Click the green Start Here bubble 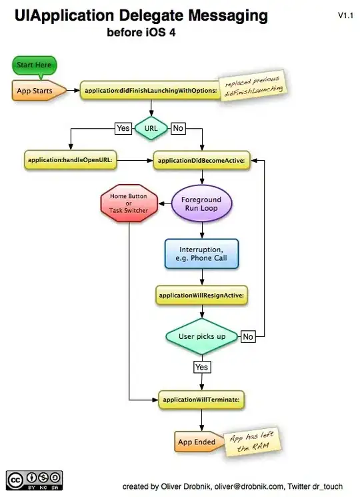[x=34, y=65]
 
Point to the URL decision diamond [x=152, y=127]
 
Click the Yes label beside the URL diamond [x=123, y=127]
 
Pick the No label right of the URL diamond [x=178, y=127]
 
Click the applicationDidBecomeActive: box [x=201, y=160]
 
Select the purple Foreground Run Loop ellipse [x=201, y=203]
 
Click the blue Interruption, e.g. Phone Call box [x=201, y=254]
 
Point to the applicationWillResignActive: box [x=201, y=294]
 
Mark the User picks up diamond [x=201, y=336]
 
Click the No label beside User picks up [x=248, y=336]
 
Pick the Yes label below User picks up [x=201, y=367]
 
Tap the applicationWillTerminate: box [x=201, y=399]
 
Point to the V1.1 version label [x=345, y=15]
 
